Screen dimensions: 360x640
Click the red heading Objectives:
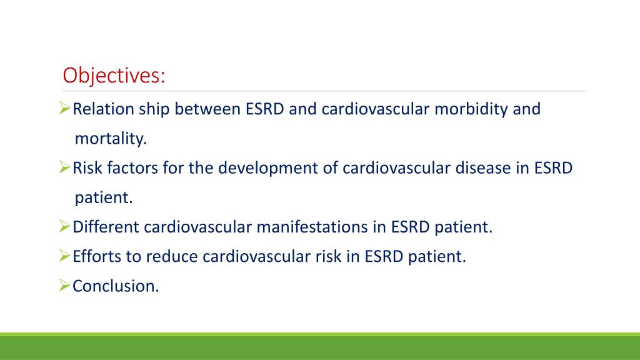114,76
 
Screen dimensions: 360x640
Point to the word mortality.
111,139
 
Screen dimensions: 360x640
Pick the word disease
487,168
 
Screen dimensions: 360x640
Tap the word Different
106,227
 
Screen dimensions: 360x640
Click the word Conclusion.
116,286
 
